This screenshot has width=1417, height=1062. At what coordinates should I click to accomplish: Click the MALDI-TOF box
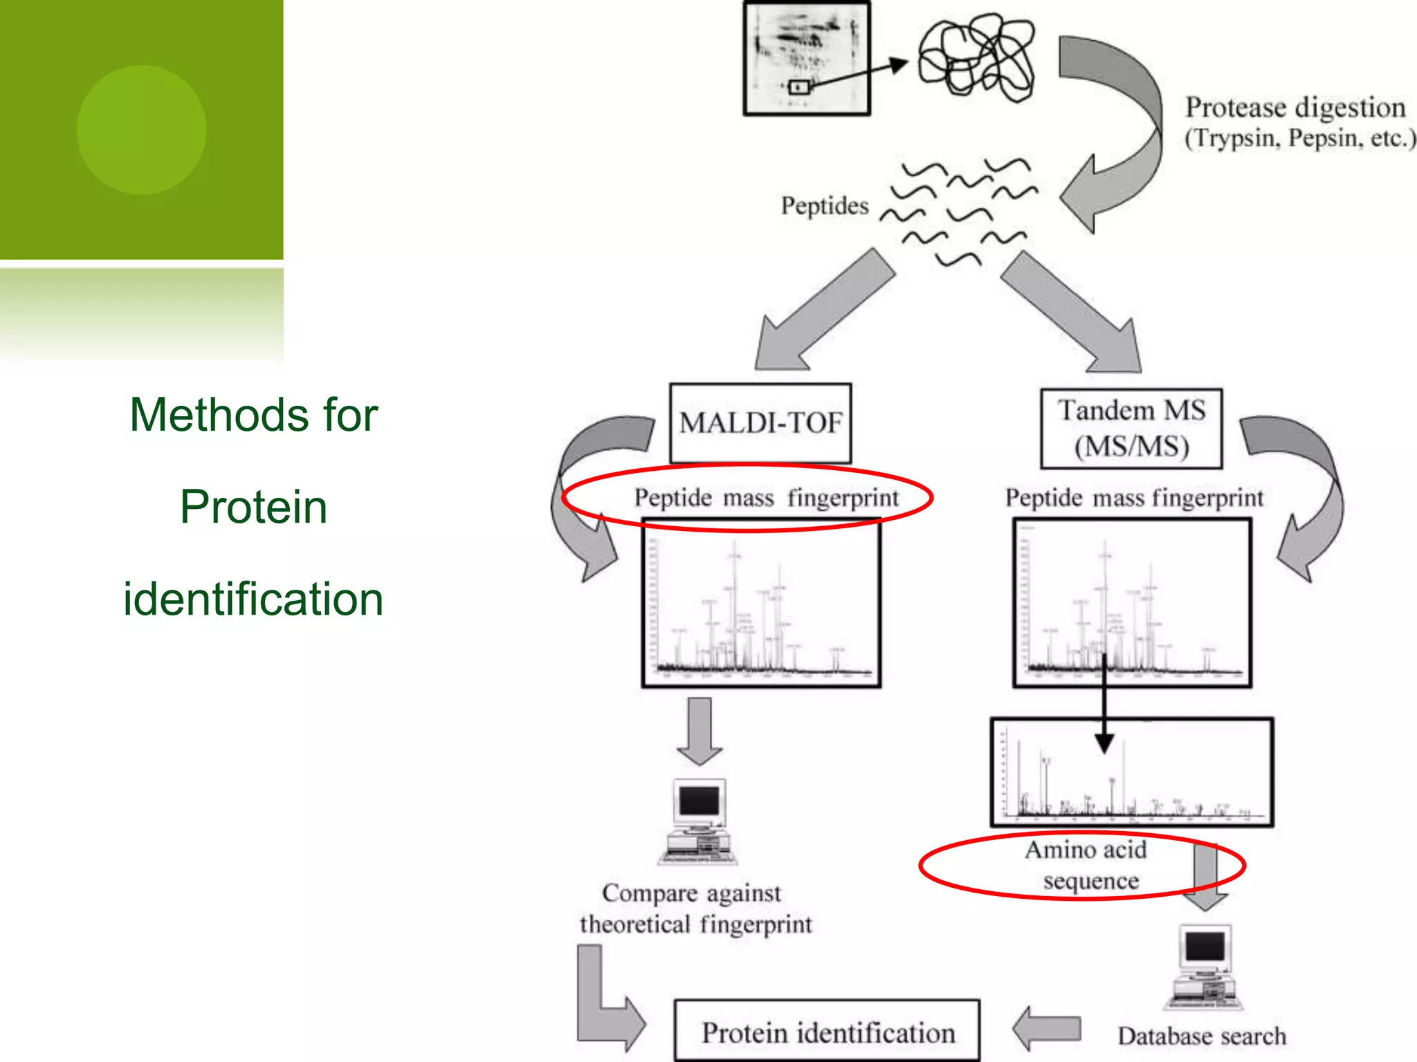click(x=760, y=423)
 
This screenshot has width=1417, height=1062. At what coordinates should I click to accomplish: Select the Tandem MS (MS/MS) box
click(x=1131, y=429)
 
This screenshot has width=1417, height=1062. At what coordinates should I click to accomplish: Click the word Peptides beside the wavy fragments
click(x=824, y=206)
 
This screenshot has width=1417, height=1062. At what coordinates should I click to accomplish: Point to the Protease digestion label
click(x=1295, y=109)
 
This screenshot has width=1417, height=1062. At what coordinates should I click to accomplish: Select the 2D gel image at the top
click(x=806, y=58)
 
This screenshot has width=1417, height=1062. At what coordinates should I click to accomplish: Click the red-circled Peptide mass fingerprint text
click(x=766, y=498)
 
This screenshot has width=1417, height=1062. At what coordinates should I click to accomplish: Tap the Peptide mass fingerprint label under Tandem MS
click(x=1134, y=498)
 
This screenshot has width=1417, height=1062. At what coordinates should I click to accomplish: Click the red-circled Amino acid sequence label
click(x=1086, y=865)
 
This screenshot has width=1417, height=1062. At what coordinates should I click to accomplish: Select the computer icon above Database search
click(x=1204, y=967)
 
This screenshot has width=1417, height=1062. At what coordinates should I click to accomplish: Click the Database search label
click(x=1202, y=1036)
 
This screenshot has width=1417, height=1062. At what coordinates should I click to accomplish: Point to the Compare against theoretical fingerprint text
click(x=695, y=909)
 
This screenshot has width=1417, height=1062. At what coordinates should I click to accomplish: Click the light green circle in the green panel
click(x=141, y=129)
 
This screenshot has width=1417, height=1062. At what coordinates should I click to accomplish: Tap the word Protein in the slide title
click(x=253, y=507)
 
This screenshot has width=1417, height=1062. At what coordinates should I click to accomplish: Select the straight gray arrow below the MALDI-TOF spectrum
click(x=700, y=730)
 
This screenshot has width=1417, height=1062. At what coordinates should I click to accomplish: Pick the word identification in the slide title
click(x=253, y=599)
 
